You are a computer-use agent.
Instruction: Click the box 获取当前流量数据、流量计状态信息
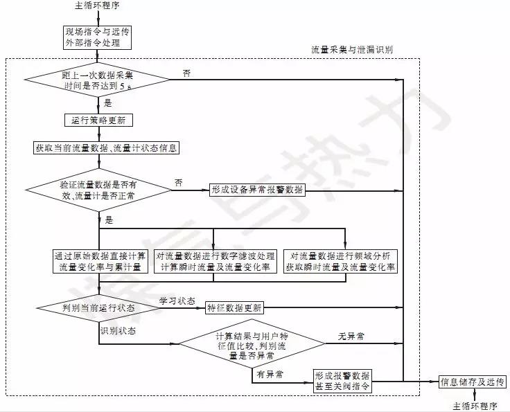(x=107, y=147)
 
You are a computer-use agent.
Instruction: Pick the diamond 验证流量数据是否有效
(x=98, y=191)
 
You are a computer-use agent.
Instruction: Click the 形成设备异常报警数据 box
(x=256, y=190)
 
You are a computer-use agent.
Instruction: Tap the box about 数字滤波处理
(x=216, y=260)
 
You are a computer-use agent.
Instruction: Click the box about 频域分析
(x=340, y=260)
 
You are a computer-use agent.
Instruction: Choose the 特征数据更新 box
(x=234, y=307)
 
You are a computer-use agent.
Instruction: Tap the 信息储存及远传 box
(x=473, y=382)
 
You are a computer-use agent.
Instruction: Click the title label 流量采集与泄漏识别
(x=353, y=51)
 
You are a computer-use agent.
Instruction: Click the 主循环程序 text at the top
(x=97, y=6)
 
